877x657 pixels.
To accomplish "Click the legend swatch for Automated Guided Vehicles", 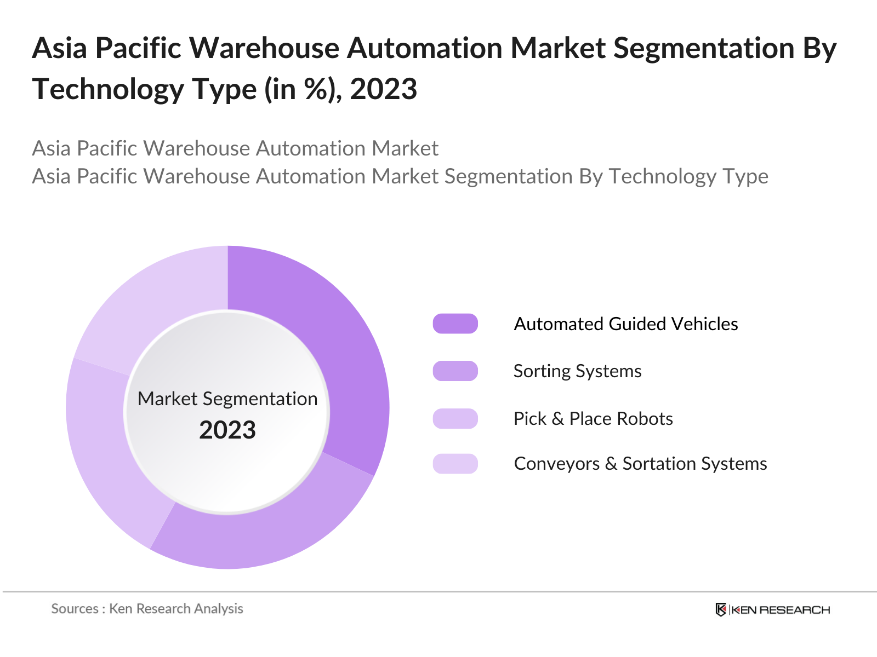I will (455, 324).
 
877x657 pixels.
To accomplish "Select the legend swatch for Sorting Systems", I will (455, 371).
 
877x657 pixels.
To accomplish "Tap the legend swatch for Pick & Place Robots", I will (455, 418).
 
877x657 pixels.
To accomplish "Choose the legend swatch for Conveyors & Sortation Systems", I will (455, 464).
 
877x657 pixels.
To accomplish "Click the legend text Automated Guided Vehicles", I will (625, 324).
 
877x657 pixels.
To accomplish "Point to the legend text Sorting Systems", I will (577, 371).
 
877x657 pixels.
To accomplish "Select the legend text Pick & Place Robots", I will (593, 418).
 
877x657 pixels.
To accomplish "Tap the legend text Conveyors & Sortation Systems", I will (640, 464).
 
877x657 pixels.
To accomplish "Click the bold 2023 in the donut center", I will (227, 430).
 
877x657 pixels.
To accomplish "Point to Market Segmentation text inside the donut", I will (227, 399).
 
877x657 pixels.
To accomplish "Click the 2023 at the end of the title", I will (383, 89).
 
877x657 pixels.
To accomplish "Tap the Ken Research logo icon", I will (721, 609).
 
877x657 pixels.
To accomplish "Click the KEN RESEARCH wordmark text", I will (781, 610).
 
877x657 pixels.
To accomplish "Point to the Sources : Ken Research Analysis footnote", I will (147, 609).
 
